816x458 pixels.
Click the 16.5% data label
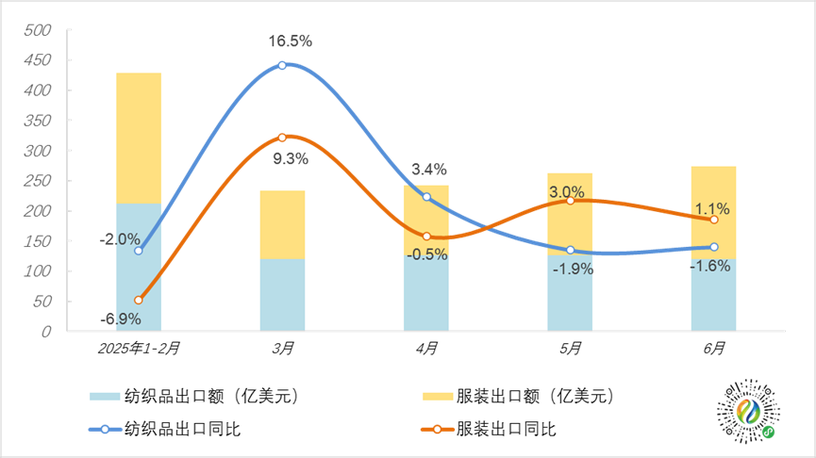(290, 41)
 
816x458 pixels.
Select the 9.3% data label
(290, 159)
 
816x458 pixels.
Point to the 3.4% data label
(428, 170)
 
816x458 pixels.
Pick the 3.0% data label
(566, 192)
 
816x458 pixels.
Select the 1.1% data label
(712, 208)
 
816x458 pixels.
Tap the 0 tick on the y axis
(46, 332)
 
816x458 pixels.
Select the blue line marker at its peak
(282, 65)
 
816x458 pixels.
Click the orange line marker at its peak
(282, 138)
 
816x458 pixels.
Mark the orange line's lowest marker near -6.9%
(139, 300)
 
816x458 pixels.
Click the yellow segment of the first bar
(139, 138)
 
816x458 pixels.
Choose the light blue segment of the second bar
(282, 294)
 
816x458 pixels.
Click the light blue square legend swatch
(105, 396)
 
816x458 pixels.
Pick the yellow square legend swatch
(438, 396)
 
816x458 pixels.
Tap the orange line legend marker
(438, 430)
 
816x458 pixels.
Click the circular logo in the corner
(749, 411)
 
